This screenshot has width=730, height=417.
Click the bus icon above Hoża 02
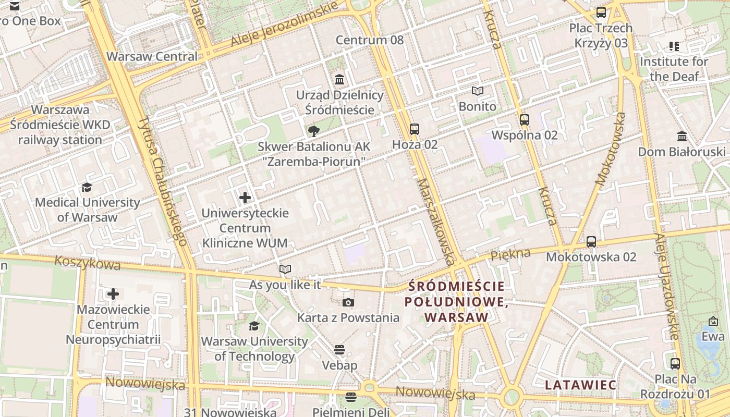(415, 129)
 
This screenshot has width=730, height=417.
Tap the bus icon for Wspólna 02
(525, 119)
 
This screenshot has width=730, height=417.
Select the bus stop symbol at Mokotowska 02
(591, 241)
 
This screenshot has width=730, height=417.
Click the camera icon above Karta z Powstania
(348, 302)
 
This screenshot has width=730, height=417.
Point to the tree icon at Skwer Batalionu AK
(313, 131)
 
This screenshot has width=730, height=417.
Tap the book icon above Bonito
(478, 91)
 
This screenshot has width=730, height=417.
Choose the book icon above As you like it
(285, 269)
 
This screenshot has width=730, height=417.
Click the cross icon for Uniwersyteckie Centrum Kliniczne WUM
(245, 198)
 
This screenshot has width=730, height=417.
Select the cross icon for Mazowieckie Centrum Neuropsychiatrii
(113, 294)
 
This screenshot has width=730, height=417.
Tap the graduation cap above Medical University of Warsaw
(87, 187)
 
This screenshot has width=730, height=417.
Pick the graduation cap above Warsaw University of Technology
(254, 326)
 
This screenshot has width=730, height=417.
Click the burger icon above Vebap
(339, 349)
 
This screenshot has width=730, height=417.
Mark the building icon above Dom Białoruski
(682, 136)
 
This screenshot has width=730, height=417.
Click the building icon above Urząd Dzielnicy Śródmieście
(339, 79)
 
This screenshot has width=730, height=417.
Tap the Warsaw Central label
(152, 56)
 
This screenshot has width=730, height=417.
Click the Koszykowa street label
(87, 263)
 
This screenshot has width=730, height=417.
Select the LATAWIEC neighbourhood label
(580, 385)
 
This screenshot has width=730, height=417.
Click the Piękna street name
(510, 254)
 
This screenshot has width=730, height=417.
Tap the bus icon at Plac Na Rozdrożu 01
(675, 363)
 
